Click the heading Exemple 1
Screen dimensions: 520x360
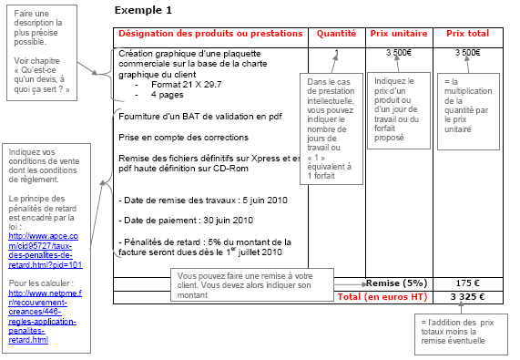(143, 10)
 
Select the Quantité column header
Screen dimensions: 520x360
(336, 34)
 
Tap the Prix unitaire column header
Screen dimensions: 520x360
(399, 34)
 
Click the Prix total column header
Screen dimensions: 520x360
(467, 34)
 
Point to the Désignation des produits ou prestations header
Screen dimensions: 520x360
(210, 34)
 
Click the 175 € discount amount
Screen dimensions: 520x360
(467, 283)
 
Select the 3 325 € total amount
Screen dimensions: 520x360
(467, 296)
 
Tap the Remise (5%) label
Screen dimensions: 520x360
(397, 283)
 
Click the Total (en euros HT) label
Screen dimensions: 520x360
(382, 296)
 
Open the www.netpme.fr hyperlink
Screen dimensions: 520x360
(45, 316)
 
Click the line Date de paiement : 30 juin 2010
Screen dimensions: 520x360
(186, 221)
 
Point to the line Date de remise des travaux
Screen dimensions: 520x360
(203, 201)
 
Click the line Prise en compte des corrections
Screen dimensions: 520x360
(183, 138)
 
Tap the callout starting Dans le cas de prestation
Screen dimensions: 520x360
(331, 129)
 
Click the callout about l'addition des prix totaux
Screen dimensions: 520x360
(461, 334)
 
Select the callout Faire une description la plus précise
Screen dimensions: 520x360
(42, 53)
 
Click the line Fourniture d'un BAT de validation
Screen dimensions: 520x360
(200, 117)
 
